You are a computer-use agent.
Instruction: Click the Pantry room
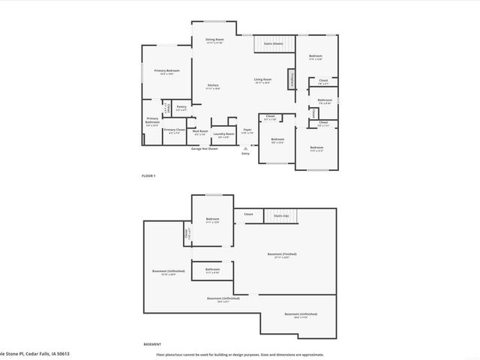coord(181,108)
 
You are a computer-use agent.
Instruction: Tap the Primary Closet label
coord(174,130)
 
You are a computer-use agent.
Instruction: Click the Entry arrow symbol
coord(245,148)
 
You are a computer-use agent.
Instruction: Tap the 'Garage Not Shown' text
coord(204,148)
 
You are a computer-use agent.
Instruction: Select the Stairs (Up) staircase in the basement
coord(281,215)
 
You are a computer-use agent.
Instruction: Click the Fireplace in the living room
coord(292,79)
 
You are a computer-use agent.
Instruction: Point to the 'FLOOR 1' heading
coord(148,175)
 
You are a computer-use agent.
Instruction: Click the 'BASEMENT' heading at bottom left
coord(152,344)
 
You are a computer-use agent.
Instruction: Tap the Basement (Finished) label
coord(282,254)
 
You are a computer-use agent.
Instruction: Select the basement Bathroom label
coord(213,269)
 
